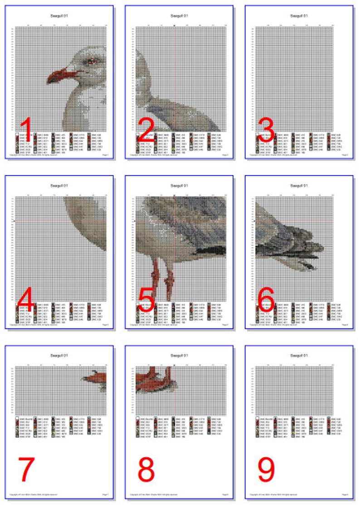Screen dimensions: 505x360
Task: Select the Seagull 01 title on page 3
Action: [299, 15]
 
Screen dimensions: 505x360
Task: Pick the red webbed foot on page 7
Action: [95, 376]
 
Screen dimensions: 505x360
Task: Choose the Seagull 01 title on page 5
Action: [179, 185]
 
